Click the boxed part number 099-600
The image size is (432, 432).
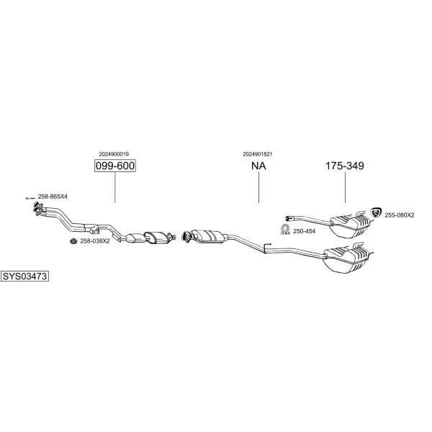[115, 166]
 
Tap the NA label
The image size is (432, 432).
[258, 166]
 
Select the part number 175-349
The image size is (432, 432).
[345, 166]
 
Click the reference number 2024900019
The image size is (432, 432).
[114, 154]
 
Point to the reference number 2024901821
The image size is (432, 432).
[257, 154]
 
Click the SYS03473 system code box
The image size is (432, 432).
[24, 276]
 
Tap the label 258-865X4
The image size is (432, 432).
[53, 197]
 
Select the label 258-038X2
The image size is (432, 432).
[95, 241]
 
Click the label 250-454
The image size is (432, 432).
[304, 231]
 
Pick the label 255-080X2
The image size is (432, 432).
[400, 215]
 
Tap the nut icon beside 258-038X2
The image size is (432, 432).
[73, 241]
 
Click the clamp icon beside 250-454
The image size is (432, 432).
[285, 229]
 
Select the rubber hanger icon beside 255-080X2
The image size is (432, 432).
[376, 212]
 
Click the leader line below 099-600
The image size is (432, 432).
[115, 187]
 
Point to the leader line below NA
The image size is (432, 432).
[259, 187]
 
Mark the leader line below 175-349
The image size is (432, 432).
[345, 187]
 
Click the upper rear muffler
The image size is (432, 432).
[349, 226]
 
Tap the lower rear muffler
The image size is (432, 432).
[346, 258]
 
